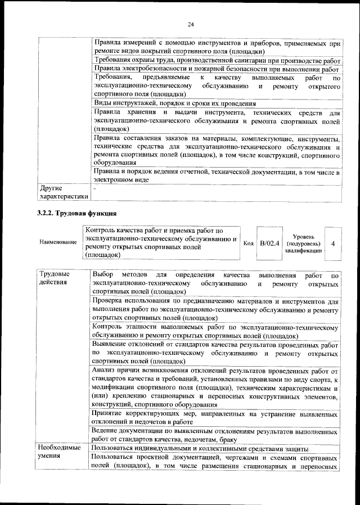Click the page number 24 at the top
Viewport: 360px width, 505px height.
pos(191,24)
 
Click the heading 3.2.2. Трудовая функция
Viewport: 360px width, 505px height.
pos(76,213)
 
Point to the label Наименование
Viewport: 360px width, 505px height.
pos(57,242)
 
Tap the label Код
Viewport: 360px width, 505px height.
pos(248,242)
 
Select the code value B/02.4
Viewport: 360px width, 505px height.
pos(269,243)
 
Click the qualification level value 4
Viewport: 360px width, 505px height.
pos(333,244)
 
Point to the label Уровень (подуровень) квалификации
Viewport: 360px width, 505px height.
pos(304,244)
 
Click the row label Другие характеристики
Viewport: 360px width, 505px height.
pos(62,192)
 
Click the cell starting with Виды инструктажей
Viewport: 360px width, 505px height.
pos(174,103)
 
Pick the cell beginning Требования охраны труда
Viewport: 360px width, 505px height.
pos(217,60)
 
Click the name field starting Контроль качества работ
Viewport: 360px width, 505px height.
pos(160,242)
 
